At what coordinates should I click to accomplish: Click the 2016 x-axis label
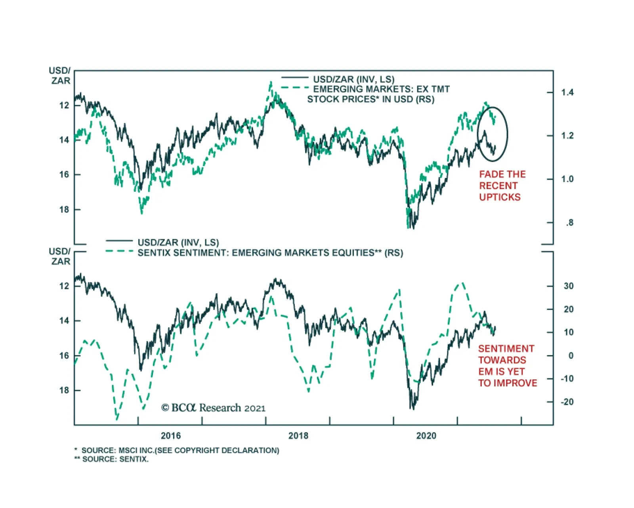click(x=170, y=436)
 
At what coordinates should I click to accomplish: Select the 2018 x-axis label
click(x=298, y=436)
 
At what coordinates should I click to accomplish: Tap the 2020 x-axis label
click(x=426, y=436)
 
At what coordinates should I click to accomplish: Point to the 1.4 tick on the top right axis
click(x=567, y=92)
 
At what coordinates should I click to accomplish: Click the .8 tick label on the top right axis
click(x=569, y=223)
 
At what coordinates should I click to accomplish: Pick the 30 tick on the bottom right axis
click(x=568, y=286)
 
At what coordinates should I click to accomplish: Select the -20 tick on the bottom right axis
click(x=567, y=402)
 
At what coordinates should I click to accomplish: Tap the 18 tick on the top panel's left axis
click(x=64, y=210)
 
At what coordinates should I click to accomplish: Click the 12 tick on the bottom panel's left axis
click(x=64, y=286)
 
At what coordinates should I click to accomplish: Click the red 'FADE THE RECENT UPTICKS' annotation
click(x=502, y=185)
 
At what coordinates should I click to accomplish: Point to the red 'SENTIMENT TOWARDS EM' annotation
click(x=507, y=366)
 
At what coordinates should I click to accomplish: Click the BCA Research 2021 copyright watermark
click(x=213, y=408)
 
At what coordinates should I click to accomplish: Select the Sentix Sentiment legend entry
click(x=270, y=253)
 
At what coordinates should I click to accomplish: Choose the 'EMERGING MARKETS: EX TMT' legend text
click(x=381, y=89)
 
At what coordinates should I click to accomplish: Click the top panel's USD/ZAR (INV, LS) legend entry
click(x=353, y=79)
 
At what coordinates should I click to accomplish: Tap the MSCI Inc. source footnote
click(x=180, y=451)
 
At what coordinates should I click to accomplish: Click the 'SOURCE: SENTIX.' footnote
click(x=115, y=459)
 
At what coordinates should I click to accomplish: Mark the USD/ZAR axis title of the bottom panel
click(x=60, y=256)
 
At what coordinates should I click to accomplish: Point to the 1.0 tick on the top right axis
click(x=567, y=179)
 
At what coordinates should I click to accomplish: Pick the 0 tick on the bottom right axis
click(x=571, y=356)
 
